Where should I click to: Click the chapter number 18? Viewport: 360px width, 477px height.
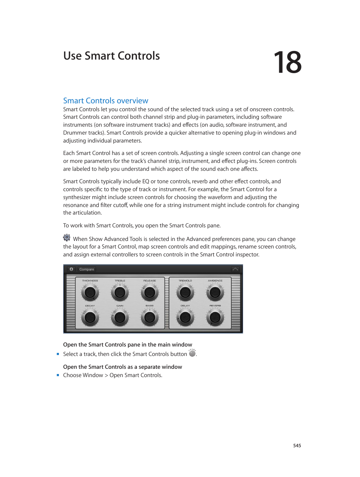[287, 63]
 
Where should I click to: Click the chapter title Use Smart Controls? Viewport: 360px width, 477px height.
[111, 56]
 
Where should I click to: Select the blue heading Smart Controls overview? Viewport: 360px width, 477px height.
[106, 101]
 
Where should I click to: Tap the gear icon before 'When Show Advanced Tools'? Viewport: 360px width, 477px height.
[67, 238]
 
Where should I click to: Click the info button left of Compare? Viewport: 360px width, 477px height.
[71, 269]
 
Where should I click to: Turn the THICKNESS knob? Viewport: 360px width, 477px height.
[90, 292]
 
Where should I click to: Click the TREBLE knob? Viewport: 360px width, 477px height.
[120, 292]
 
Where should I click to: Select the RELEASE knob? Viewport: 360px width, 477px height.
[149, 292]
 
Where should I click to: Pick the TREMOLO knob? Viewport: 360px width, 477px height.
[185, 292]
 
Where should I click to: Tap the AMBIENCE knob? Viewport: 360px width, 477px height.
[215, 292]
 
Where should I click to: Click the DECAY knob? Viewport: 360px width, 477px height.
[90, 317]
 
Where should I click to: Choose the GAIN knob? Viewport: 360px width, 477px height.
[120, 317]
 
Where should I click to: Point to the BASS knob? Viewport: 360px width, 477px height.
[149, 317]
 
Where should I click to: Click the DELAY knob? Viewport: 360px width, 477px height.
[185, 317]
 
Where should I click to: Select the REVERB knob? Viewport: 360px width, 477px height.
[215, 317]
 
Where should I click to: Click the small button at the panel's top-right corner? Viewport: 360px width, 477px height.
[235, 269]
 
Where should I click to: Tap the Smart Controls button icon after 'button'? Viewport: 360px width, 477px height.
[192, 353]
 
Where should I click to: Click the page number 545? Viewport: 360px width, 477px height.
[297, 446]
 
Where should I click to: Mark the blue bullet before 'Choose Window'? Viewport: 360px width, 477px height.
[58, 375]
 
